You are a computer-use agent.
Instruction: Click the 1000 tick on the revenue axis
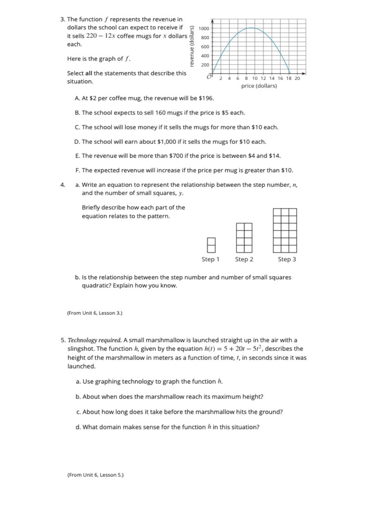[204, 28]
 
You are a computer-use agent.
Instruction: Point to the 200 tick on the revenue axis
[205, 65]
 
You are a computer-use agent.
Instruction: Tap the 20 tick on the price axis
[297, 78]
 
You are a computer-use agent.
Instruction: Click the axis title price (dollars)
[259, 86]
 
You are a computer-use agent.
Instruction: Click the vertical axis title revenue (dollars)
[192, 46]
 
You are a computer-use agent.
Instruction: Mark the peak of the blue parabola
[251, 28]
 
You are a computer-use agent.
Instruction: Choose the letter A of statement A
[77, 98]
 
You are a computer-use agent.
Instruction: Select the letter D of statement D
[77, 142]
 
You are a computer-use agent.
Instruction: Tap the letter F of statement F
[77, 170]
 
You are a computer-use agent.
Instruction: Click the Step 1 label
[210, 259]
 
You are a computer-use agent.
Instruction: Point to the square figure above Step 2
[244, 238]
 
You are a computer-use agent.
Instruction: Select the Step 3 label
[287, 259]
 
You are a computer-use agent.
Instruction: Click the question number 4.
[62, 185]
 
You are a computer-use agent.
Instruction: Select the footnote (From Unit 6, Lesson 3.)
[94, 313]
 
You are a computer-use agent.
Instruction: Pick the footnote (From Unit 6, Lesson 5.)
[95, 475]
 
